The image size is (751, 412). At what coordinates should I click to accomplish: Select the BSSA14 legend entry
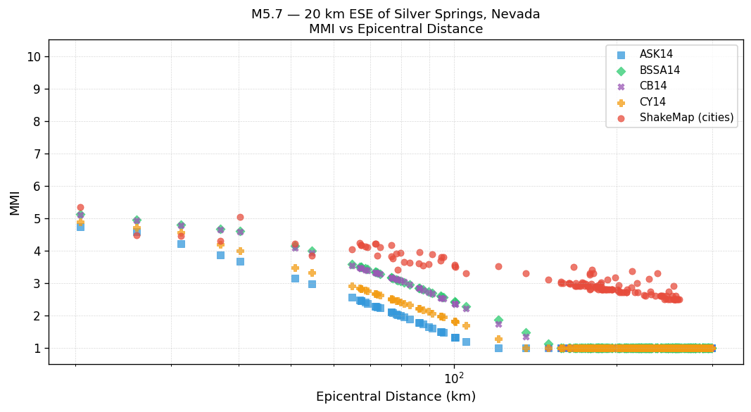(x=660, y=70)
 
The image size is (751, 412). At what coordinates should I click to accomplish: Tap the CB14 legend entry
(x=653, y=86)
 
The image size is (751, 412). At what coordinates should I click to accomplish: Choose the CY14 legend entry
(x=652, y=102)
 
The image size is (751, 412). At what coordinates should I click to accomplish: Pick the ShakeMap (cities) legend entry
(x=686, y=118)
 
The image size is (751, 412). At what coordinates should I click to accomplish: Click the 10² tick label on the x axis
(x=454, y=380)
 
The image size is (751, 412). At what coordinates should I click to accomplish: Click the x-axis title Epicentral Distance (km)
(x=396, y=397)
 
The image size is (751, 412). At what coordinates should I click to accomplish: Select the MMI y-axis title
(x=15, y=202)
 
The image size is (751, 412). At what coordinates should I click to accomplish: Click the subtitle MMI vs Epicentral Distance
(x=396, y=29)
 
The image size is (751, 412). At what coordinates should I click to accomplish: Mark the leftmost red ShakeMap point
(x=80, y=207)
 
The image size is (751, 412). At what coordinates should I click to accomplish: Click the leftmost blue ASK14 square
(x=80, y=226)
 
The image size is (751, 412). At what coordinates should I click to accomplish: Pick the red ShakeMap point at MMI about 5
(x=240, y=217)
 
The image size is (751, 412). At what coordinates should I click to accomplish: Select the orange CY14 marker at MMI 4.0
(x=240, y=251)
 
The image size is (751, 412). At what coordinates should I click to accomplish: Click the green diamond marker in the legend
(x=621, y=70)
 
